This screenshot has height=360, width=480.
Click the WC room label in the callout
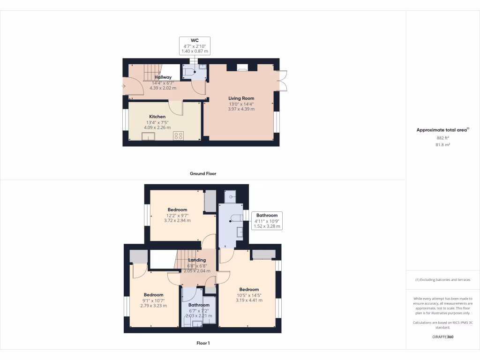click(x=195, y=40)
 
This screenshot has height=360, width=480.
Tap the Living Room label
click(x=241, y=98)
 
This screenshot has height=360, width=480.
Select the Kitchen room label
click(x=157, y=117)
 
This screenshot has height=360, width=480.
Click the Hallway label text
click(x=163, y=77)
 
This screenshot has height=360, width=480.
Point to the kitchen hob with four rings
click(x=179, y=135)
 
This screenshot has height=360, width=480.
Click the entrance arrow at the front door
click(x=124, y=86)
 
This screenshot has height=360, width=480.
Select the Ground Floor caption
click(x=203, y=173)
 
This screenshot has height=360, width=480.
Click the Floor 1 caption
click(x=203, y=343)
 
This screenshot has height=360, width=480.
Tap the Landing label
click(x=197, y=260)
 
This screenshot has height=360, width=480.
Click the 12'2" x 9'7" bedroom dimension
click(x=177, y=215)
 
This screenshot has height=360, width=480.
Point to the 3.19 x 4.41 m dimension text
click(x=249, y=300)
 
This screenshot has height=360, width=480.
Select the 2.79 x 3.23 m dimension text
click(x=153, y=305)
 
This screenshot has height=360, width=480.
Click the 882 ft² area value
click(x=442, y=138)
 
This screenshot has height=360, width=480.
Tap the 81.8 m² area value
click(x=442, y=145)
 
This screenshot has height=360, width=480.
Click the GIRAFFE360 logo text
click(x=442, y=337)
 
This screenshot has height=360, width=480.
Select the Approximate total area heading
click(x=442, y=130)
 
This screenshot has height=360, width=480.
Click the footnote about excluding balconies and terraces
click(x=442, y=280)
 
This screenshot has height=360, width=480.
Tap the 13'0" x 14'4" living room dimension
click(x=241, y=104)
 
